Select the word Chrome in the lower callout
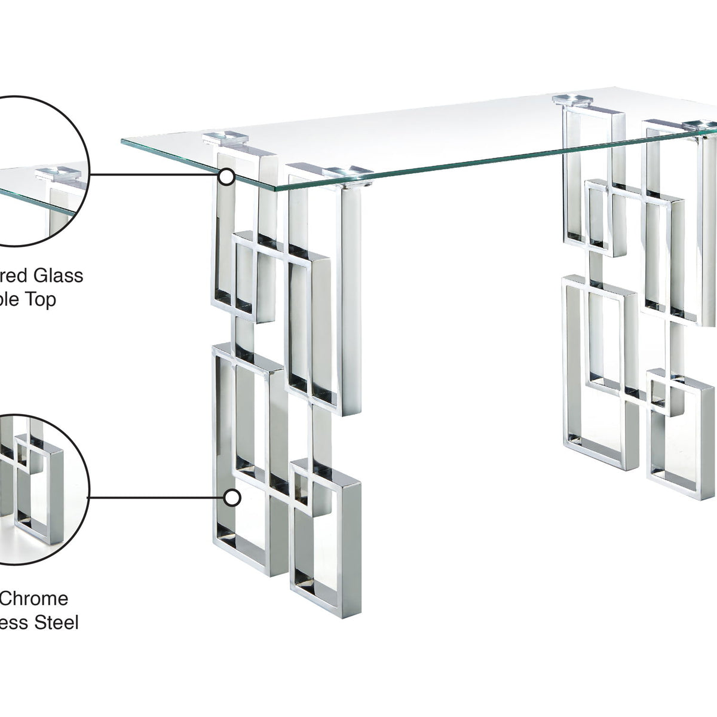[34, 598]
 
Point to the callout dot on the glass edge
[226, 176]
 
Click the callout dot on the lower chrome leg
[232, 497]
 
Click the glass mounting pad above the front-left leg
[225, 138]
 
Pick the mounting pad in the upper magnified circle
[58, 174]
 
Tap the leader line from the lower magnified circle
[155, 497]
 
